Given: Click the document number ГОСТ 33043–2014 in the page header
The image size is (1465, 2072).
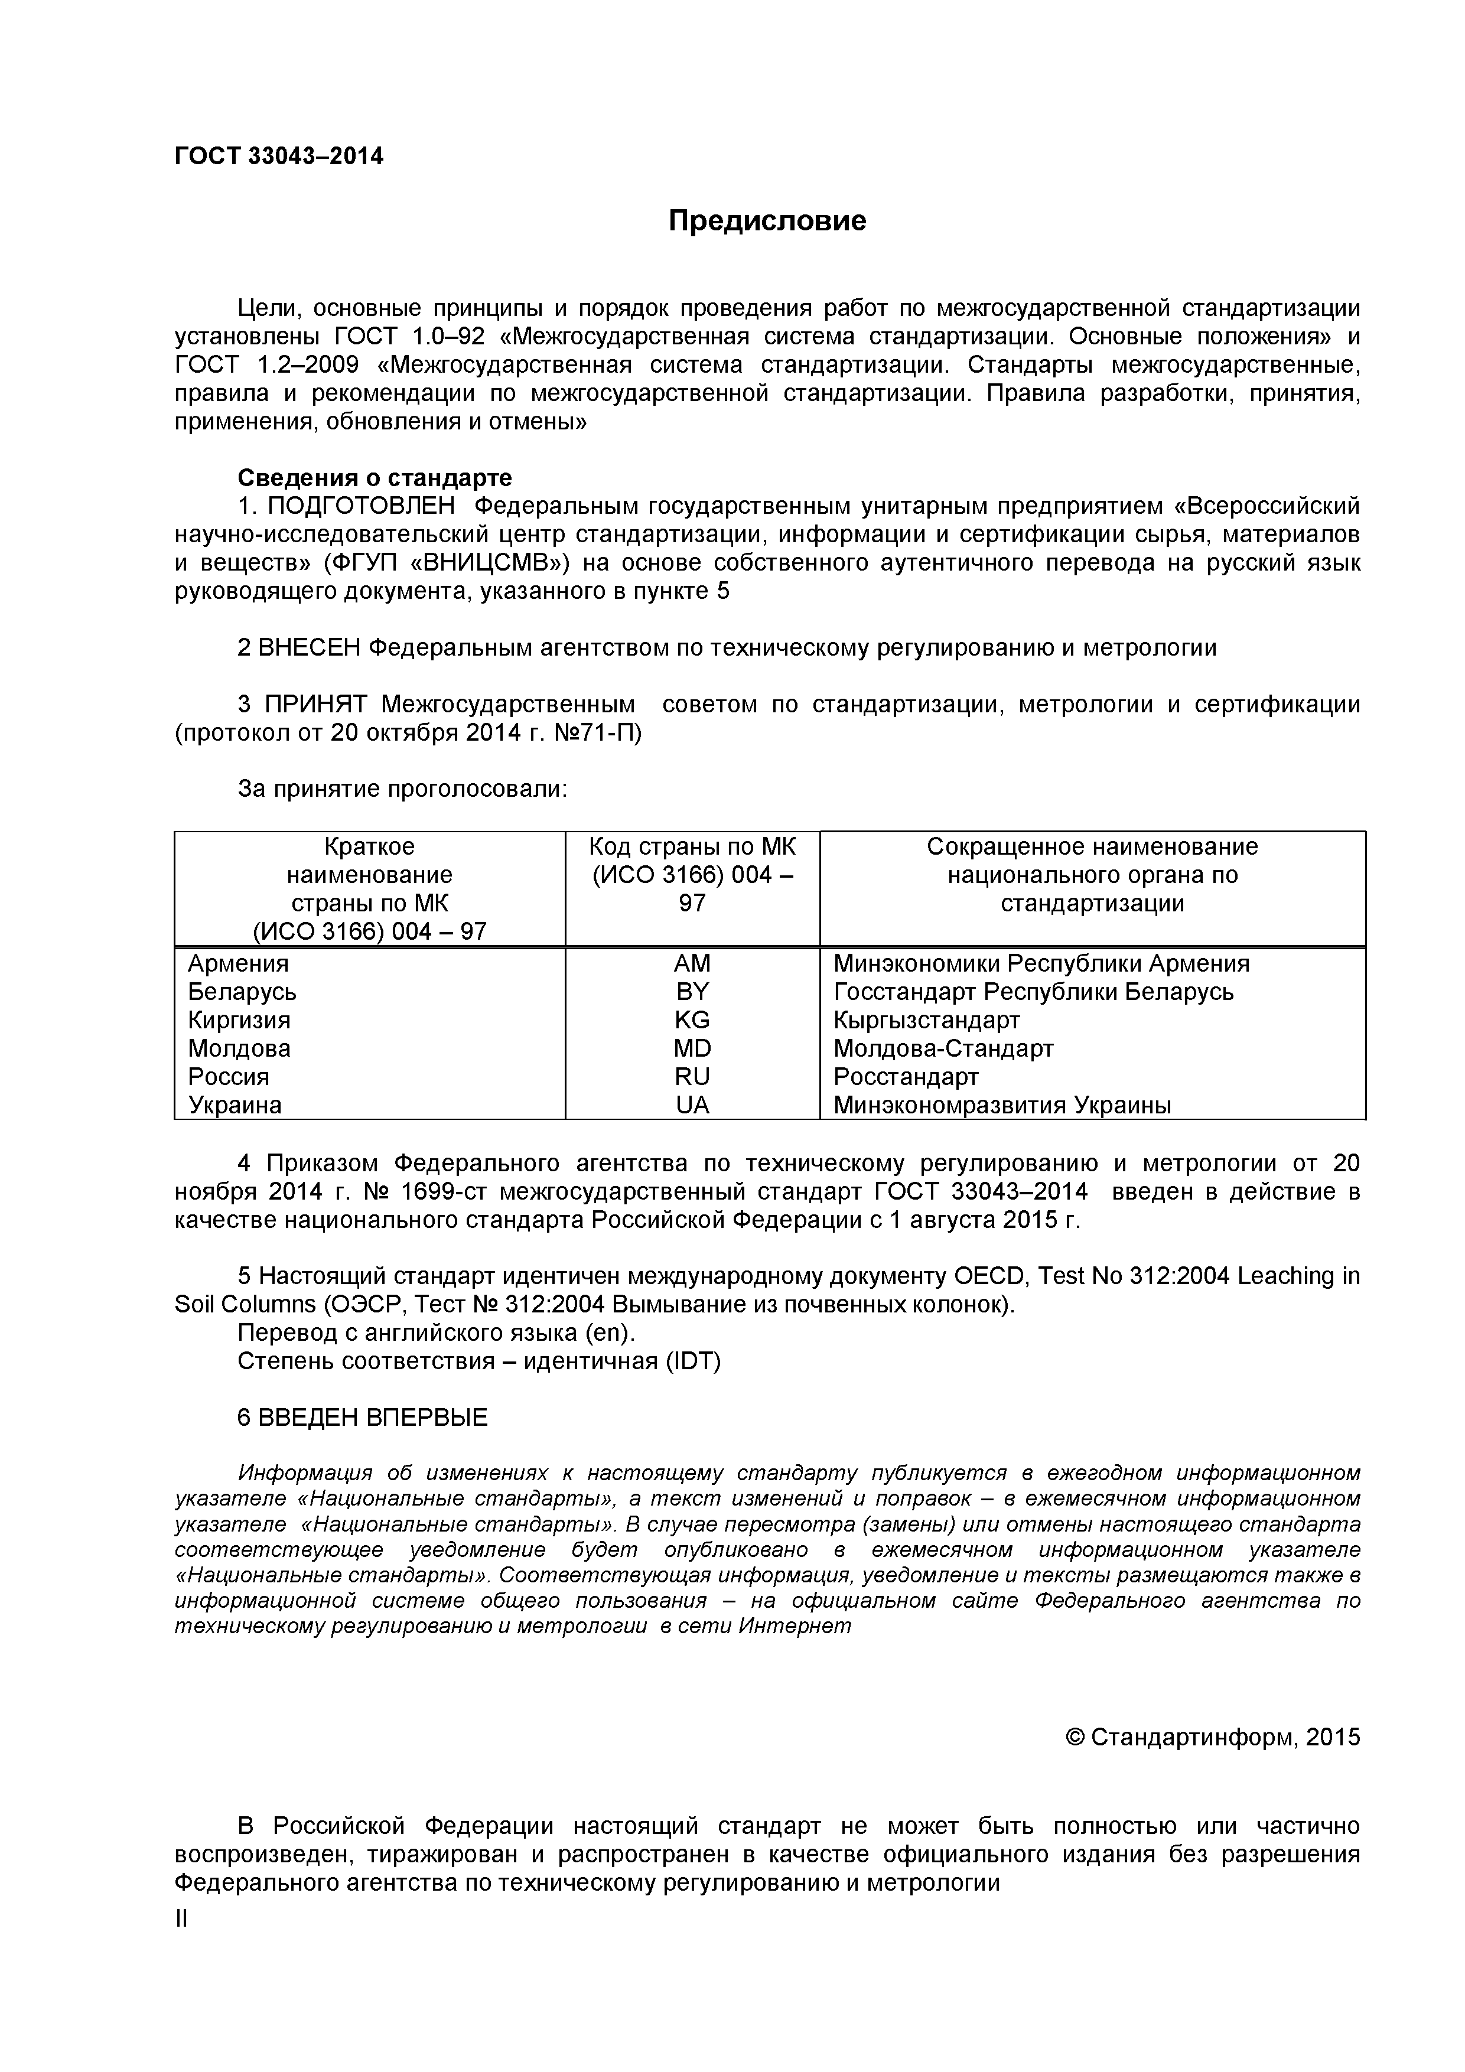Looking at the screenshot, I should tap(278, 157).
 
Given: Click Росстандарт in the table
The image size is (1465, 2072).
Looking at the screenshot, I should tap(906, 1077).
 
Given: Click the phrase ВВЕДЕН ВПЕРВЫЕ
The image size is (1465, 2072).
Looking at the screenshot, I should tap(362, 1417).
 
